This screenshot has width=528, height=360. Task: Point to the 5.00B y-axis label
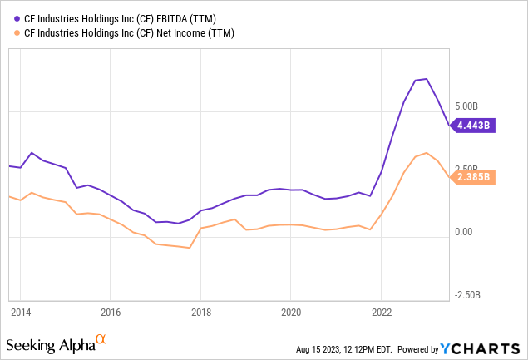point(466,106)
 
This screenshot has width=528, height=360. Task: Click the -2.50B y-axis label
point(466,294)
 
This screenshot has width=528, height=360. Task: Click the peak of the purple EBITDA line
point(426,79)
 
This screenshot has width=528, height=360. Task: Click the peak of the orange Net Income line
point(426,153)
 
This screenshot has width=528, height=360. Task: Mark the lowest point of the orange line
point(190,248)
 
